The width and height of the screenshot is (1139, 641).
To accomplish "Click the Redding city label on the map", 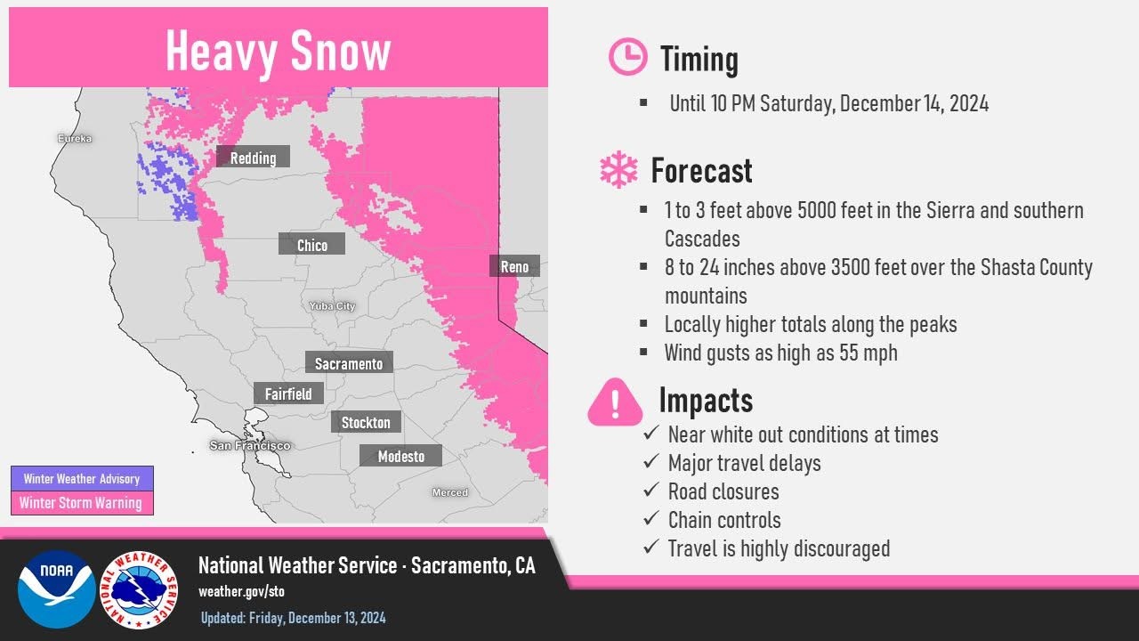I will click(x=253, y=158).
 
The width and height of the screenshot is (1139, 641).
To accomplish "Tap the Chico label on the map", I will click(x=311, y=245).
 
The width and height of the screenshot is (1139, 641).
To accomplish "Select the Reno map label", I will click(x=514, y=266).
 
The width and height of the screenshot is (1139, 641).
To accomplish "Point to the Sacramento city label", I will click(x=349, y=363).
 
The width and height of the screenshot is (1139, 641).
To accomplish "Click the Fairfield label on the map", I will click(x=288, y=393).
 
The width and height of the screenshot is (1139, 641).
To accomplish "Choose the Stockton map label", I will click(x=366, y=422).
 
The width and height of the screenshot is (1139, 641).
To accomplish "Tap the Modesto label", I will click(x=400, y=456).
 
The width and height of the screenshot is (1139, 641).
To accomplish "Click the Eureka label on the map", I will click(x=75, y=139).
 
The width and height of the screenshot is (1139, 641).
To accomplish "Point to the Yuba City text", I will click(x=332, y=306).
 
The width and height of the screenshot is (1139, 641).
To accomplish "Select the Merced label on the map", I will click(x=449, y=492).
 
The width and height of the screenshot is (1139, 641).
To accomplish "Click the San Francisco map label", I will click(x=250, y=445).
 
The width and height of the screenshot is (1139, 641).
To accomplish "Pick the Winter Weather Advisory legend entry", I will click(x=82, y=478).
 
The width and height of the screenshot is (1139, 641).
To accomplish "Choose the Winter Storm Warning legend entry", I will click(x=82, y=503).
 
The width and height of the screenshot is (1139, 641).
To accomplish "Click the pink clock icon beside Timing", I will click(x=627, y=57).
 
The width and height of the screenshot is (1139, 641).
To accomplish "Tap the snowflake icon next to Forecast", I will click(x=618, y=169).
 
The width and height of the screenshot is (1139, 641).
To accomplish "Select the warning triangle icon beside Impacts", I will click(x=615, y=402).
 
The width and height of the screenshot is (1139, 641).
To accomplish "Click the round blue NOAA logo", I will click(x=56, y=589).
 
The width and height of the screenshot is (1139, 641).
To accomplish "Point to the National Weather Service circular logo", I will click(x=138, y=589).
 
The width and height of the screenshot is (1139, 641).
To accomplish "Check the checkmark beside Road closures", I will click(x=651, y=491).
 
